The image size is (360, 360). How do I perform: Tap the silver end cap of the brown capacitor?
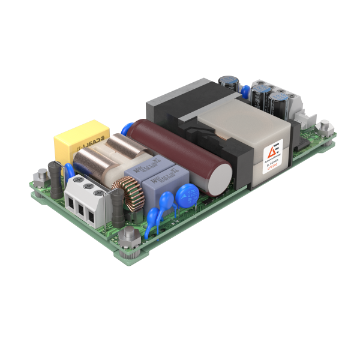(x=222, y=175)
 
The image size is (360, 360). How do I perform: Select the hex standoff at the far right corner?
(x=324, y=127)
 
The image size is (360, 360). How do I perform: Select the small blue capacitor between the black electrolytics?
(x=245, y=91)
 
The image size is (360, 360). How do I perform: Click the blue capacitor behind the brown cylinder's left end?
(x=128, y=130)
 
